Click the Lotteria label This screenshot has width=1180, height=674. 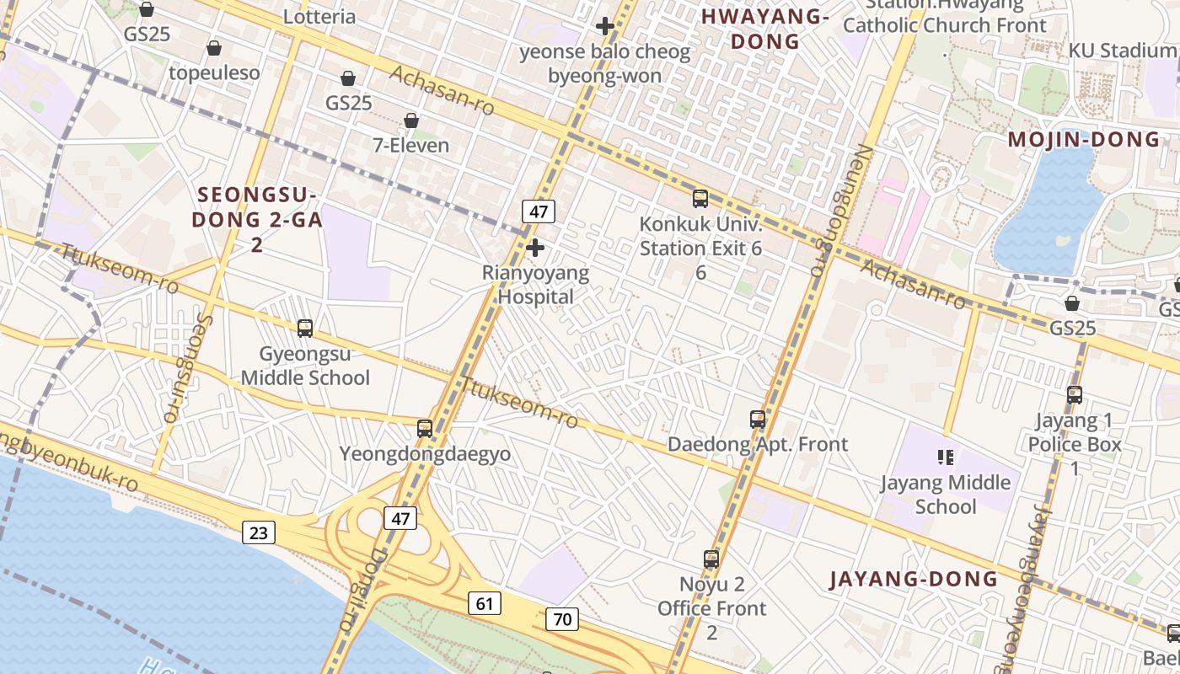(x=319, y=17)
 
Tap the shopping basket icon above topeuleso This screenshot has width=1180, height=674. (x=214, y=48)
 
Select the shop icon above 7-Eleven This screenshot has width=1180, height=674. (x=411, y=120)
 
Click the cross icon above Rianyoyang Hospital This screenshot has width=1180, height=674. (x=534, y=248)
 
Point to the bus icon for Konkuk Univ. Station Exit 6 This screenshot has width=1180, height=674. (x=700, y=199)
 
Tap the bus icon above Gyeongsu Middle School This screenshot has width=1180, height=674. (x=305, y=328)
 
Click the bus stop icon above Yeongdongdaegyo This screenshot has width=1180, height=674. (x=425, y=428)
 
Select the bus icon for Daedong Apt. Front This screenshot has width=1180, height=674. (x=758, y=419)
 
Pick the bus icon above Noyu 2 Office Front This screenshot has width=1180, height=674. (x=711, y=559)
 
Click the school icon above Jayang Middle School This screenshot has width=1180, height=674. (x=945, y=457)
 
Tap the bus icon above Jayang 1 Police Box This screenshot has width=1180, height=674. (x=1075, y=394)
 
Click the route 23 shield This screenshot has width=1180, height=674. (x=259, y=532)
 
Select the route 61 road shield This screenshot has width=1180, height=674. (x=484, y=603)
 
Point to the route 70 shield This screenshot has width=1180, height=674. (x=562, y=619)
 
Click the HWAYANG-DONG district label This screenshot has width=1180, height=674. (x=765, y=29)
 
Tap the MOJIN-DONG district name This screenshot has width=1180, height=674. (x=1084, y=140)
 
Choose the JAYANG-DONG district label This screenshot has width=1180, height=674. (x=914, y=579)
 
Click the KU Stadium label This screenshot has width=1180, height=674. (x=1121, y=51)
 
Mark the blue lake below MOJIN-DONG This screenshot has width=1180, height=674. (x=1045, y=211)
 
